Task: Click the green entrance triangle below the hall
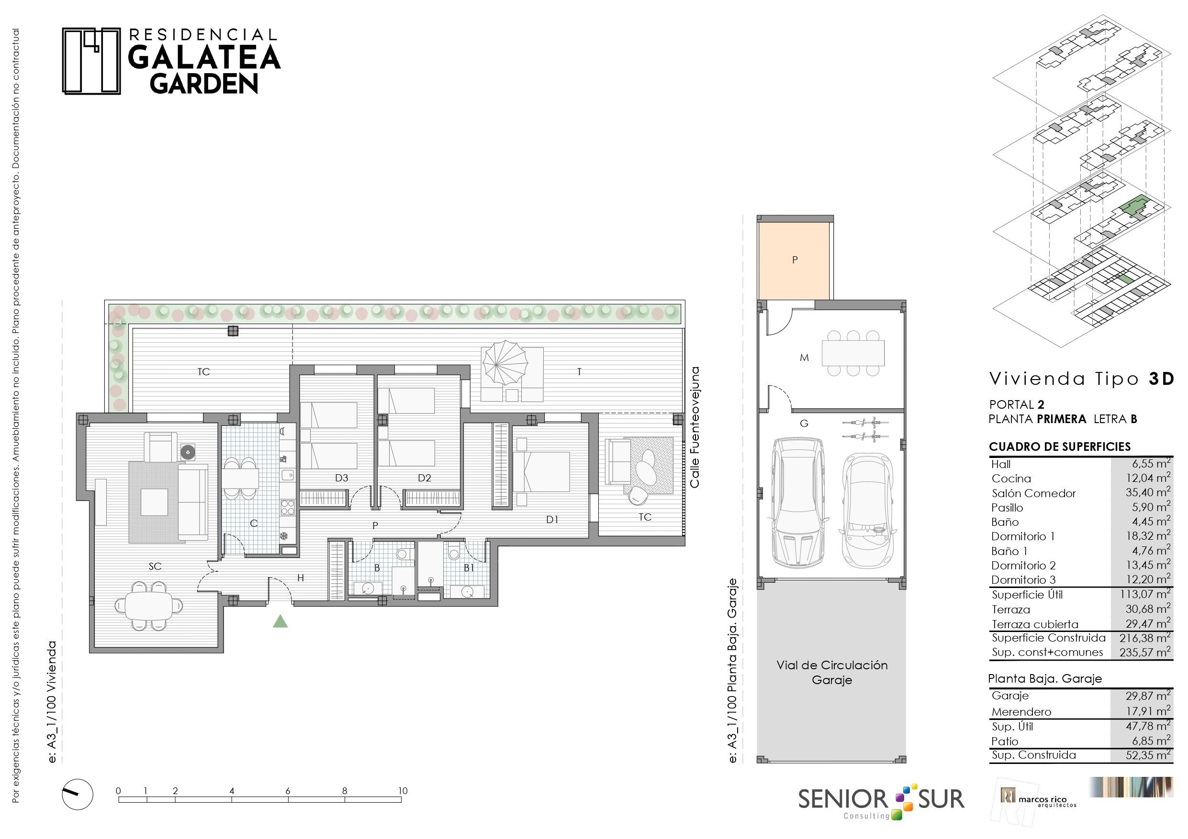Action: tap(280, 622)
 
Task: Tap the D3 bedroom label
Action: tap(341, 478)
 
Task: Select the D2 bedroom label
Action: tap(424, 478)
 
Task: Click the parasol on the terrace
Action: tap(505, 363)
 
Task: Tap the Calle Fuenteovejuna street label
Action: tap(695, 427)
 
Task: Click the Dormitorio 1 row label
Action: tap(1023, 536)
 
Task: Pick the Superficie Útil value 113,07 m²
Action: tap(1145, 594)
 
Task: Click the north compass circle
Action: tap(78, 794)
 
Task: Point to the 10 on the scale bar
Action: tap(403, 790)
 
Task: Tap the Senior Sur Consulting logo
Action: tap(881, 801)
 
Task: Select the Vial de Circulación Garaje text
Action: tap(832, 673)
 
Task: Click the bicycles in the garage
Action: tap(865, 428)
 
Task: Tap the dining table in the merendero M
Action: tap(853, 353)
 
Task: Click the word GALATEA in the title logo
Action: tap(204, 57)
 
